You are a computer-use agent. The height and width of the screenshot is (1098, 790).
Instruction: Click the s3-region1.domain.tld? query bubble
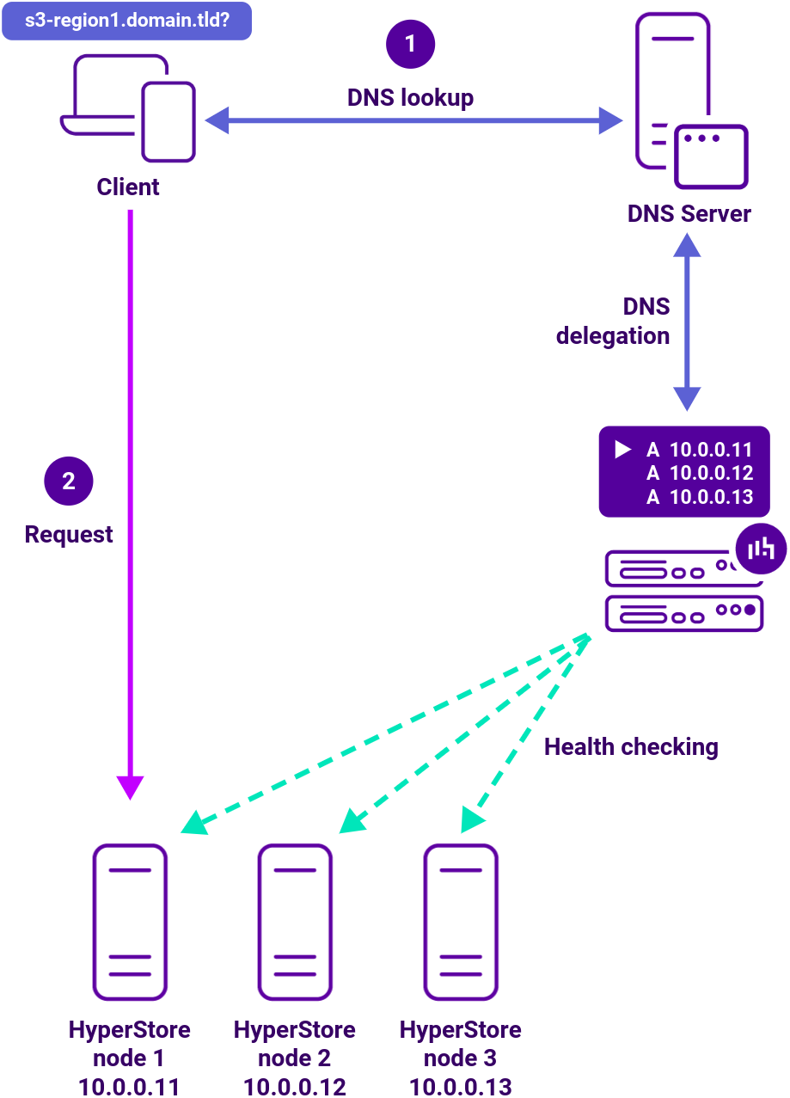click(x=126, y=20)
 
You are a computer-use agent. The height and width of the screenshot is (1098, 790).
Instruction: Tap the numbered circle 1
click(x=410, y=43)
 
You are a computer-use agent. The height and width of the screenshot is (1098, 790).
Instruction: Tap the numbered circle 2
click(x=69, y=481)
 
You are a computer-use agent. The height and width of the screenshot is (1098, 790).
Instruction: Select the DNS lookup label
click(x=410, y=98)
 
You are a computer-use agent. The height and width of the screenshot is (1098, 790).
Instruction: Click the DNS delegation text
click(x=613, y=322)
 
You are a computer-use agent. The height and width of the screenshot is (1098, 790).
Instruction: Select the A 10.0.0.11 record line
click(x=699, y=450)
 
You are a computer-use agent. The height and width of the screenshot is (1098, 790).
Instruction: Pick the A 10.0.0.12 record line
click(x=699, y=473)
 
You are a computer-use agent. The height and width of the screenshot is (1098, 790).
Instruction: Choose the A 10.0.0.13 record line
click(x=699, y=497)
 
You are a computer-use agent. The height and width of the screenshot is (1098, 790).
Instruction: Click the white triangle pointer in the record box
click(x=623, y=450)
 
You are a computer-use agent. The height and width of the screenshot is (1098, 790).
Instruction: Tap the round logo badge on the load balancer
click(x=762, y=548)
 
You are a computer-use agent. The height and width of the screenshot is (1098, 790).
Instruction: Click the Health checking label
click(x=631, y=746)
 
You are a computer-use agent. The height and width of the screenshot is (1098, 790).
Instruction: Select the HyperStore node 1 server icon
click(x=130, y=922)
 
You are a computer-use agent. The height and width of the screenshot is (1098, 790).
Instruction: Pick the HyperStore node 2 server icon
click(x=295, y=922)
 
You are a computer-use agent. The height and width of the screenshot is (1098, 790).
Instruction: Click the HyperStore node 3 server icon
click(x=461, y=922)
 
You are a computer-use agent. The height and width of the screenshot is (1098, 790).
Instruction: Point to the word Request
click(x=69, y=535)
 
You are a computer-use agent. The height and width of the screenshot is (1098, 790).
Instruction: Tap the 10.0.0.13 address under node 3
click(x=461, y=1087)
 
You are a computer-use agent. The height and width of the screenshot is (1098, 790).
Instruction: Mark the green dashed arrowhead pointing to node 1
click(x=193, y=824)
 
